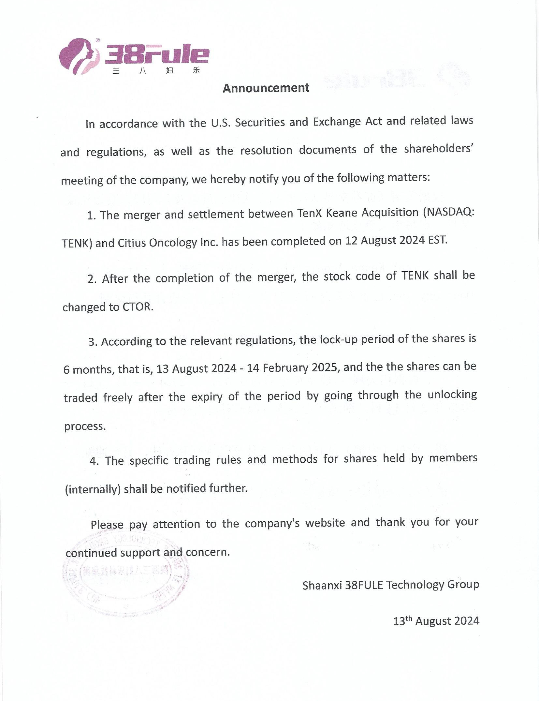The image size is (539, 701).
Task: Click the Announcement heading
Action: point(266,88)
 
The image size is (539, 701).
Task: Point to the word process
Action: point(85,426)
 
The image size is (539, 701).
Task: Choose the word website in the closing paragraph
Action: point(325,523)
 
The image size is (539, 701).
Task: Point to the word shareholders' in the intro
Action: point(438,149)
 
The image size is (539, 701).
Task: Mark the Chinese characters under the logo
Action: point(156,70)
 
